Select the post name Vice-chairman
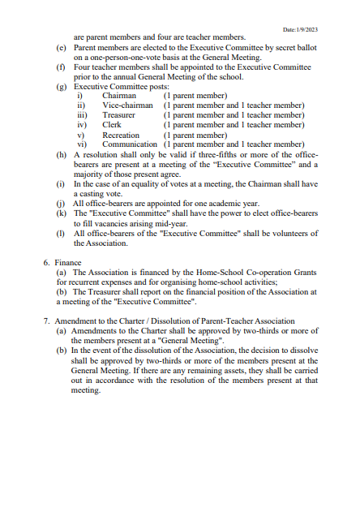click(127, 105)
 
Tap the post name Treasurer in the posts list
click(118, 115)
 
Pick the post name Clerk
click(112, 125)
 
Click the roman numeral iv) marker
click(81, 125)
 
